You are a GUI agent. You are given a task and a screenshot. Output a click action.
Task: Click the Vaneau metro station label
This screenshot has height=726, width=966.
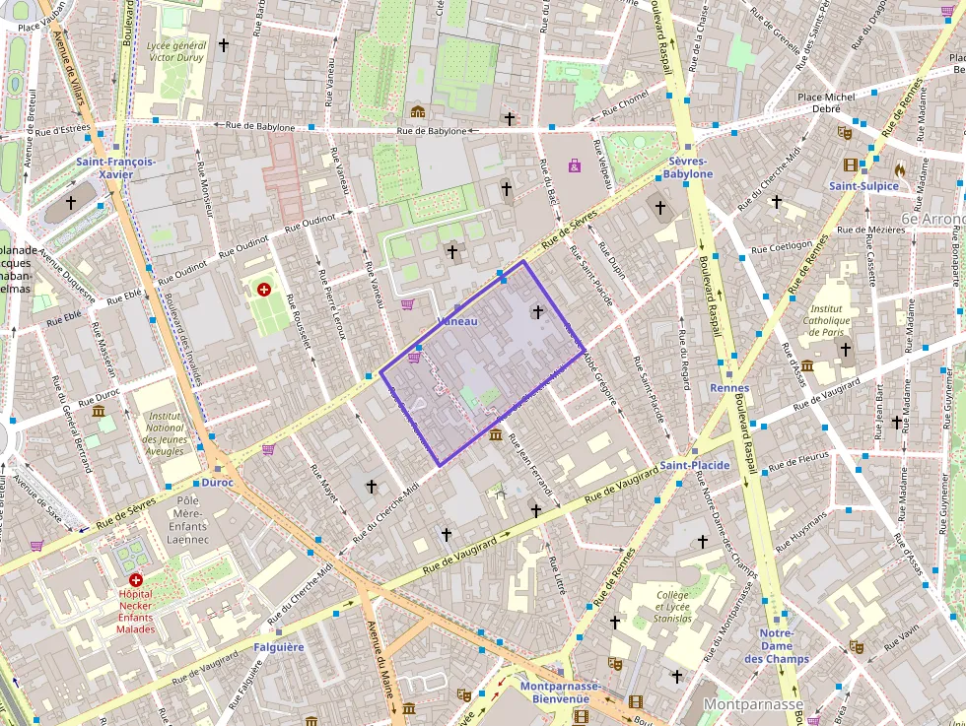[x=456, y=322]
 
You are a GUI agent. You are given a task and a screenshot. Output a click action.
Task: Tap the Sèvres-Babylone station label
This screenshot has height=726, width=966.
[x=687, y=167]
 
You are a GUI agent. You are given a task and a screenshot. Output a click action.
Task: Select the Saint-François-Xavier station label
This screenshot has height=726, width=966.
[x=116, y=167]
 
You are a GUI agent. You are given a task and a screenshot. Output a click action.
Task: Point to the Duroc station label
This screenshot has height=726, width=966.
[x=217, y=484]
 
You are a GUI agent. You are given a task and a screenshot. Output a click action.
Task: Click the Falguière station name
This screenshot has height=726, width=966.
[x=279, y=647]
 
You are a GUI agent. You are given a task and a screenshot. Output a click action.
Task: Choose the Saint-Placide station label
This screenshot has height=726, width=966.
[x=695, y=465]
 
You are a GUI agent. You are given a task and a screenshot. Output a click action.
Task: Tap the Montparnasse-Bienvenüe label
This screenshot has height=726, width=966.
[x=560, y=693]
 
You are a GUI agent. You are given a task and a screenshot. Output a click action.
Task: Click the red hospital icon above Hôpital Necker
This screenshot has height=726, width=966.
[x=136, y=581]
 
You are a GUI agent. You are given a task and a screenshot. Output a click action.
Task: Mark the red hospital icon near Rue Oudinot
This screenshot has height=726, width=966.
[x=263, y=290]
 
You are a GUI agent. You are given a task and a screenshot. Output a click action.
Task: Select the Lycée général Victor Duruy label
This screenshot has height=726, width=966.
[x=174, y=51]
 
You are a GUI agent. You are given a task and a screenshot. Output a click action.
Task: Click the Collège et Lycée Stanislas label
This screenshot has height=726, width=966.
[x=672, y=607]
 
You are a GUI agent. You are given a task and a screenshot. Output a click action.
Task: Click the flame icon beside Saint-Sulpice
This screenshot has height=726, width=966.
[x=899, y=169]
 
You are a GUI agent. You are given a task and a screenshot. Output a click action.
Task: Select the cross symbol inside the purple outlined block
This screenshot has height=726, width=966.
[x=537, y=312]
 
